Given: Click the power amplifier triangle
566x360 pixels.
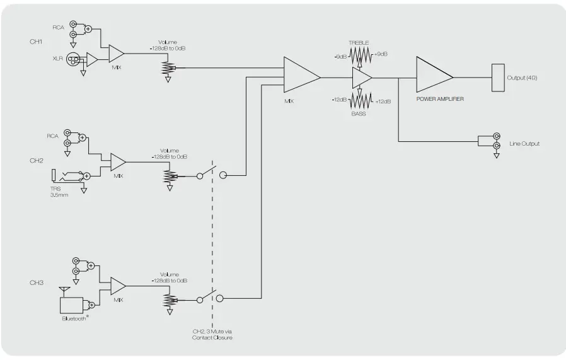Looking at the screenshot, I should (433, 77).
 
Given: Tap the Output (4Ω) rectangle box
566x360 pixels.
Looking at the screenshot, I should (498, 78).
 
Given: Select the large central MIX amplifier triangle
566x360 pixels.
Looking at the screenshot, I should (301, 78).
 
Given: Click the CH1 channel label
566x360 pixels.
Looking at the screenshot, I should (36, 42).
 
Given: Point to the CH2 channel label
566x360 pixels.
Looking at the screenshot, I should (37, 161).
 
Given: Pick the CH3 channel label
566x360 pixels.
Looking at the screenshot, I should (37, 282).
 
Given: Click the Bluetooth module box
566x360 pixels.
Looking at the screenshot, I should (71, 305).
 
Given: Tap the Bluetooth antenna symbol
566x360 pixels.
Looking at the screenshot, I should (63, 290).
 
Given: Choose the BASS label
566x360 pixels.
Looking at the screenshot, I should (359, 113).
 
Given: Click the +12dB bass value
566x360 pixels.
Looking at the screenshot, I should (383, 102).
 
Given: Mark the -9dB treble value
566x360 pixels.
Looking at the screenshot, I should (341, 55).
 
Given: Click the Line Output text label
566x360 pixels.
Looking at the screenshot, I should (524, 144).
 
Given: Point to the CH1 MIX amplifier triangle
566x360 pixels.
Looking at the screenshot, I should (116, 54).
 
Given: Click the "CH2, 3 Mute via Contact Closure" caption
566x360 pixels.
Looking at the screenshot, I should (212, 334).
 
